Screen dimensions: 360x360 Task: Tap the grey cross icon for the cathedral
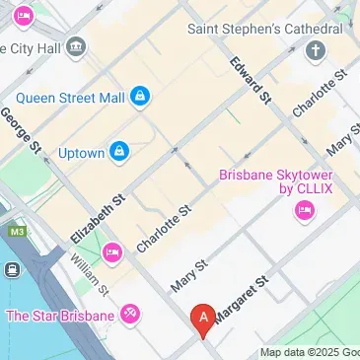coord(316,50)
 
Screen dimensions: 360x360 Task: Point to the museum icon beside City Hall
coord(77,47)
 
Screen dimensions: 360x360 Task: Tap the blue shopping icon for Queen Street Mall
coord(141,96)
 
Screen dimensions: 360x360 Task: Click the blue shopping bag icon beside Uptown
coord(119,151)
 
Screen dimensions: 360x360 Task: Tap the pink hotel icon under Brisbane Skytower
coord(304,209)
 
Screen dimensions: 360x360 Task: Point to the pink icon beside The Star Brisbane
coord(129,316)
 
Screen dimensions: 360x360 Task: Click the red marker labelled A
coord(203,320)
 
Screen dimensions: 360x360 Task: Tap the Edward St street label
coord(251,79)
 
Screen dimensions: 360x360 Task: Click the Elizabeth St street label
coord(99,219)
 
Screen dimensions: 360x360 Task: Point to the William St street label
coord(89,274)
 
